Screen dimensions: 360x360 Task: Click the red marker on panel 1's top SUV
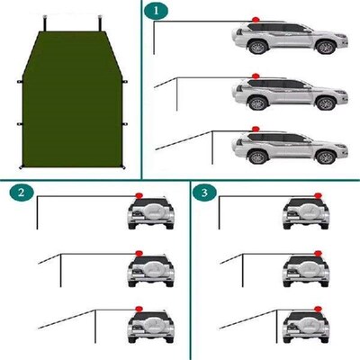(256, 21)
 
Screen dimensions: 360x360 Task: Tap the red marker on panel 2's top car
(139, 197)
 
